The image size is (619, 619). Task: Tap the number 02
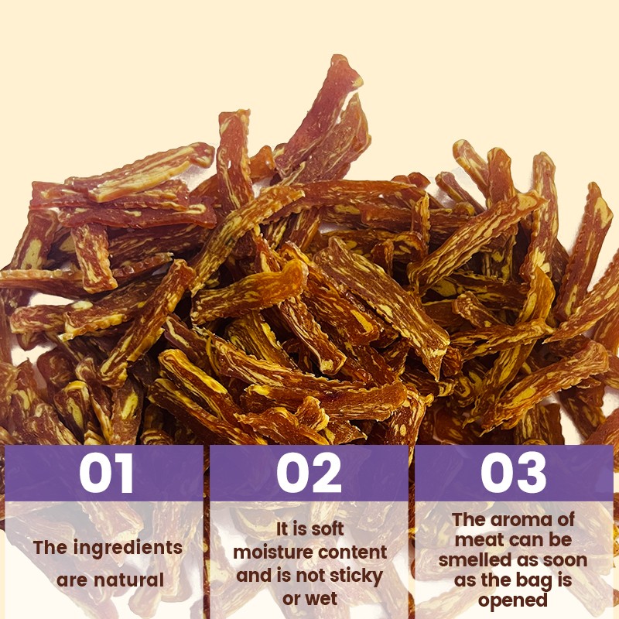coord(309,474)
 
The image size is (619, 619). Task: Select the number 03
coord(514,474)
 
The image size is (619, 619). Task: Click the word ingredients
coord(128,548)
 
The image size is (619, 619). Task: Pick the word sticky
coord(354,575)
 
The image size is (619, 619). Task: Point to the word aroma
coord(511,519)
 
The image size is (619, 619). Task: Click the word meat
coord(477,539)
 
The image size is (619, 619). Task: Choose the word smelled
coord(474,559)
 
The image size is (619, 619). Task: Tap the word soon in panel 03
coord(557,559)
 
